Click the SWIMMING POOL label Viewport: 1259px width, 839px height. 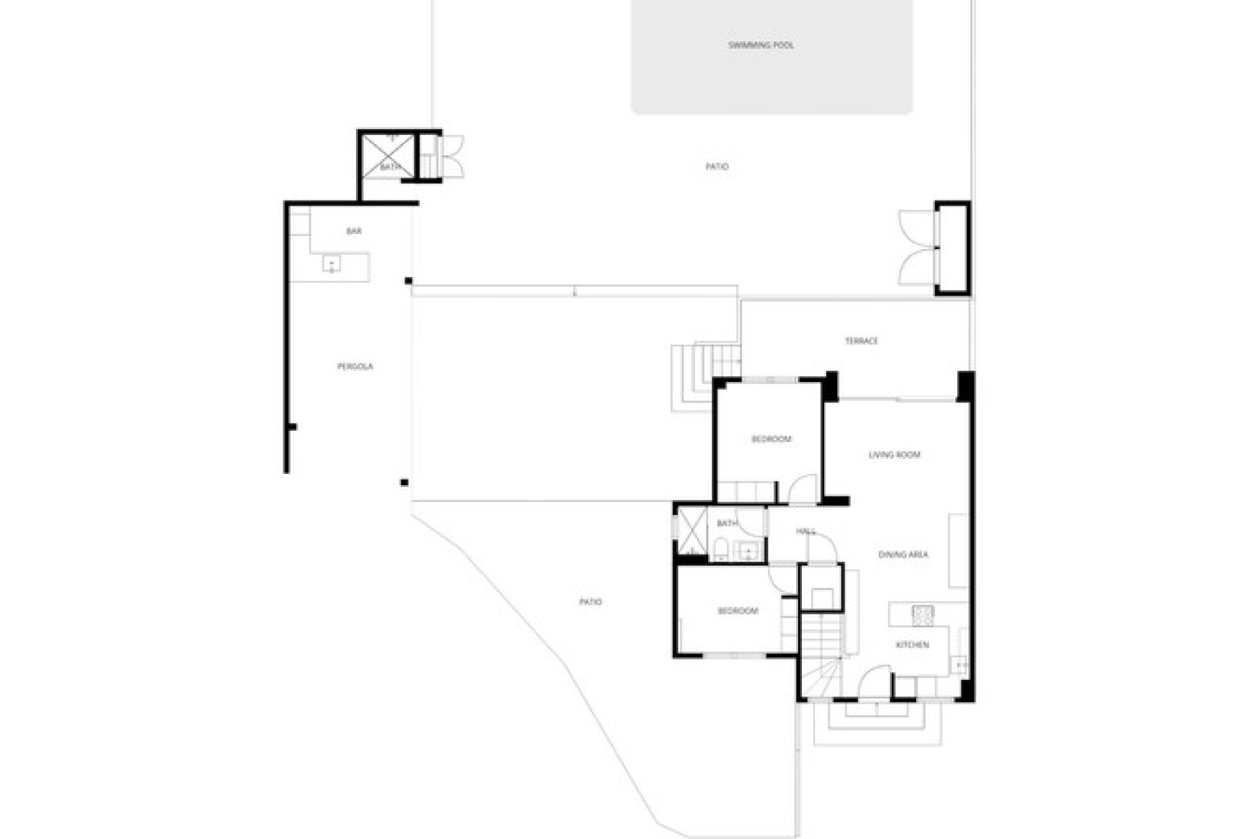(761, 45)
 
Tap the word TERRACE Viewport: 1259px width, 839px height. (861, 341)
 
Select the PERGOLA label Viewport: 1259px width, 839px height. (355, 366)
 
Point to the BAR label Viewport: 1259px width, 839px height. (353, 231)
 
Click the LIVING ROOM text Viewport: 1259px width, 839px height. (894, 455)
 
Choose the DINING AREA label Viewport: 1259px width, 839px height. (903, 555)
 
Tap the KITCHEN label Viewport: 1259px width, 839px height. (912, 645)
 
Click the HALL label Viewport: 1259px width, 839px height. (805, 531)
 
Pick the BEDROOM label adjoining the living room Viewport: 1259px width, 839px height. (771, 439)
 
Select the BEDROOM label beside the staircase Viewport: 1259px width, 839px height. (738, 611)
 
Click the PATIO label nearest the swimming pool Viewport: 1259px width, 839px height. (717, 167)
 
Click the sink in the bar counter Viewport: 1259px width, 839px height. (331, 263)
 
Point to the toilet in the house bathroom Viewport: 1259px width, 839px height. (719, 549)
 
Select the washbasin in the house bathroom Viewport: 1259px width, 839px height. (748, 552)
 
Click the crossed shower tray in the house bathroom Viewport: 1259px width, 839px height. (692, 530)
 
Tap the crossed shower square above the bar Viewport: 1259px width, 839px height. (388, 156)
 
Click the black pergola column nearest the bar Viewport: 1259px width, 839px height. (409, 281)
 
